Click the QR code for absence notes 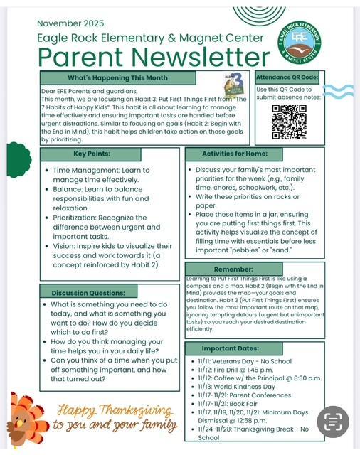(289, 122)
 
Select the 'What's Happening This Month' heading (118, 77)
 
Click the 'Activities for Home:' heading (253, 154)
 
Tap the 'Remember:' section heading (253, 269)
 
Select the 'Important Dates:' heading (253, 349)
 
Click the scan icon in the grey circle (333, 420)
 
